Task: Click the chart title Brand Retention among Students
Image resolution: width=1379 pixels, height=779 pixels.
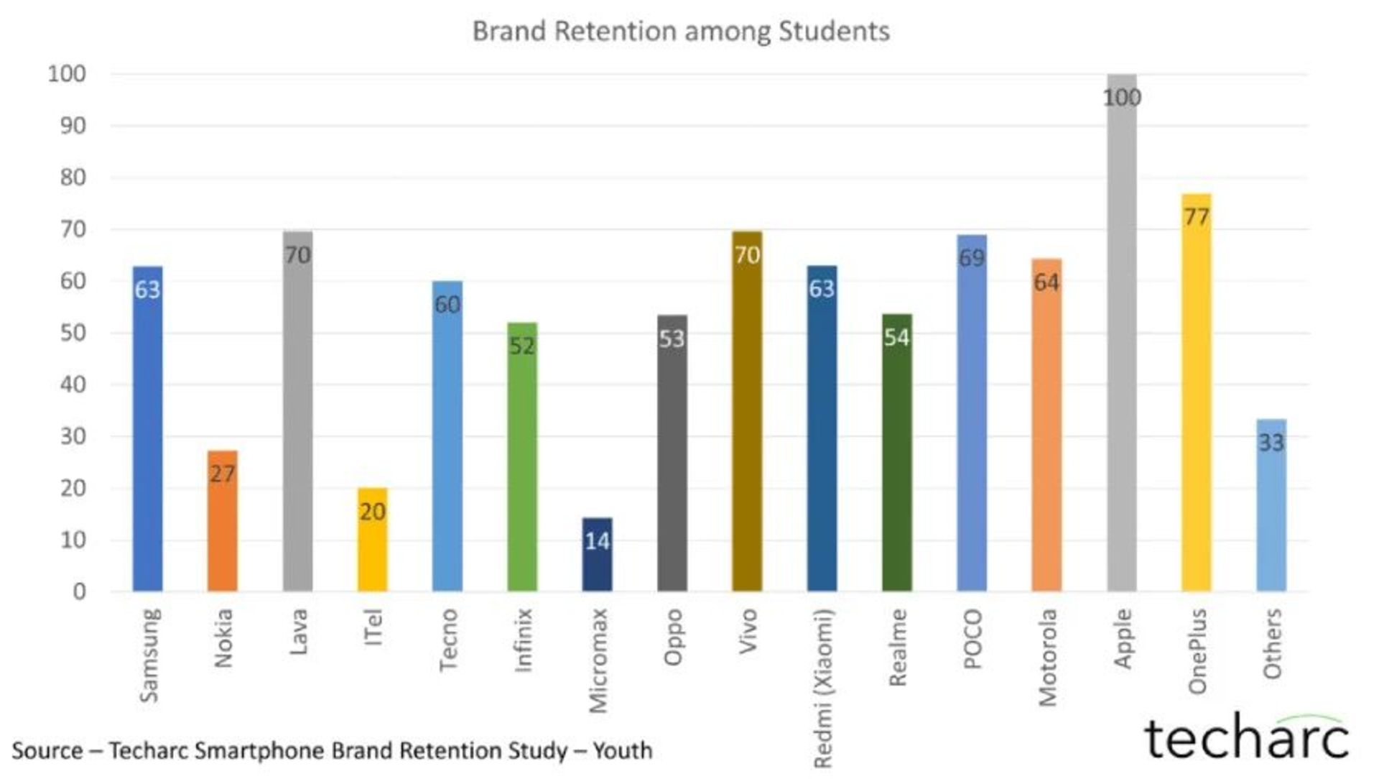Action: (x=680, y=32)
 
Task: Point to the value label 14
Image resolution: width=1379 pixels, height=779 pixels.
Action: (x=597, y=541)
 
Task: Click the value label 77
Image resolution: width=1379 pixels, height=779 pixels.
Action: (x=1197, y=217)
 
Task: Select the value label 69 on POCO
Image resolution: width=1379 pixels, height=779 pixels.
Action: (x=972, y=258)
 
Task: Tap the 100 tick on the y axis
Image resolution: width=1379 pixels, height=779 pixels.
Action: (x=67, y=74)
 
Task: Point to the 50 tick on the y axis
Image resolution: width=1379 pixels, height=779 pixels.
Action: (x=73, y=333)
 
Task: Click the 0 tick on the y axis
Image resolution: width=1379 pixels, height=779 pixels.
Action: (x=79, y=591)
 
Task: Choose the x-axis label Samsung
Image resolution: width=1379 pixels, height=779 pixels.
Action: (x=149, y=655)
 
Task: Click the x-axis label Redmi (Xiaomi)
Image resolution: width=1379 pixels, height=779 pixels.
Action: (x=823, y=688)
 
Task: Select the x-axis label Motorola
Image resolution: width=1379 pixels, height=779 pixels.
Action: (x=1048, y=658)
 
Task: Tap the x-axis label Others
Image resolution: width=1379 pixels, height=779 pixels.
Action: (x=1272, y=644)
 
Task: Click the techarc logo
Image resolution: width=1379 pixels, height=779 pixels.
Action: (x=1246, y=738)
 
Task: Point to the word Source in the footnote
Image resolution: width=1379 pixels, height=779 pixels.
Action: (x=47, y=751)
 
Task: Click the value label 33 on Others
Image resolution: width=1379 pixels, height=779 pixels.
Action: (x=1271, y=443)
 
